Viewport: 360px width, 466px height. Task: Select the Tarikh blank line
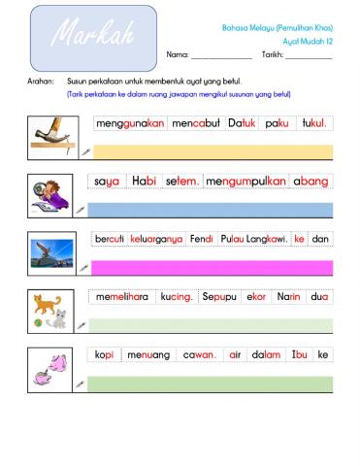[x=308, y=55]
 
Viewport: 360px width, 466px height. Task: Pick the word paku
[x=277, y=124]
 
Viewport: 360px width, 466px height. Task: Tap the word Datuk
[x=242, y=124]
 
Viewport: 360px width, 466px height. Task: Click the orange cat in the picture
[x=45, y=304]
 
